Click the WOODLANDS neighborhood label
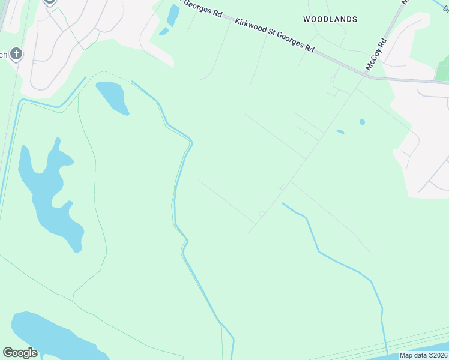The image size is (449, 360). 330,19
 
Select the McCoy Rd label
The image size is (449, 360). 376,54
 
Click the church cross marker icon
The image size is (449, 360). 16,55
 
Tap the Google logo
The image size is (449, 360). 20,353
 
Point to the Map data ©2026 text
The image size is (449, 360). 423,355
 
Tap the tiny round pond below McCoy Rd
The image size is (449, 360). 362,122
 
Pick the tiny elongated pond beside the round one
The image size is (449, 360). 340,132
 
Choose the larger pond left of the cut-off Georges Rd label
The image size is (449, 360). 173,14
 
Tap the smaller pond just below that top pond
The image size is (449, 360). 163,31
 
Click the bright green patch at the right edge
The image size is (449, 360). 442,70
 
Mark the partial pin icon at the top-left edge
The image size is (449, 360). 49,2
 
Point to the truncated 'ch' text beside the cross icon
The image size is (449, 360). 3,55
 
